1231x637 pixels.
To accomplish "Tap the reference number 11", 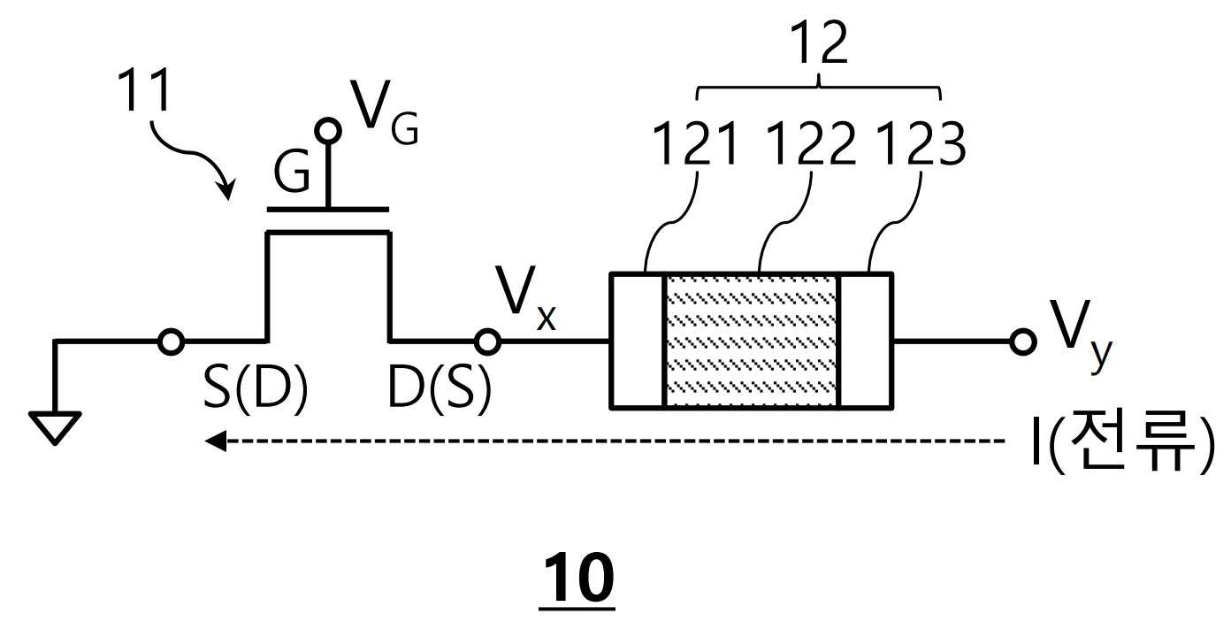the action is click(144, 89).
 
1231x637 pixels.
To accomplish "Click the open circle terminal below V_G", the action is click(328, 131).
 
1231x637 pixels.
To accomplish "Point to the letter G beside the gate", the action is click(291, 172).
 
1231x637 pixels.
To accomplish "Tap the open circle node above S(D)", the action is click(171, 342).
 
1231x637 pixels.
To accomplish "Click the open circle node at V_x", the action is click(487, 342).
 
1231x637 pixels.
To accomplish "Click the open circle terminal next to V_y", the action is click(1022, 342).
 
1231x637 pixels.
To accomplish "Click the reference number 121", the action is click(695, 143).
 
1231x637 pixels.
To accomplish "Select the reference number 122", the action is click(811, 143).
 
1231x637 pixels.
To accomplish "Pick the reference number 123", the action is click(921, 143).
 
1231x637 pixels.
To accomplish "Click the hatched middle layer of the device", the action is click(751, 341).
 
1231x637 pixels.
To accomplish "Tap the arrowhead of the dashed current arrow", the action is click(216, 441).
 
